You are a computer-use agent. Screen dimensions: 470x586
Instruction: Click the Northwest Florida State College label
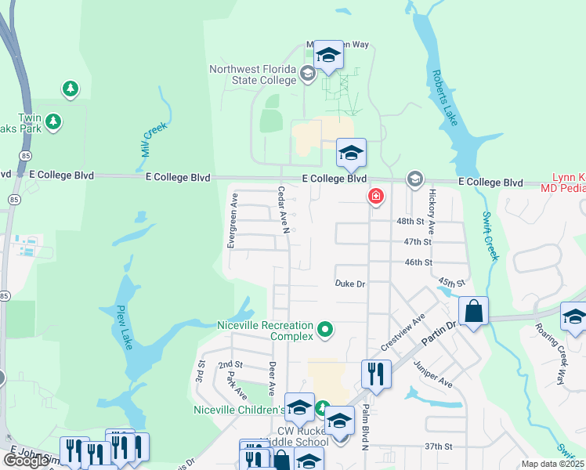pos(252,75)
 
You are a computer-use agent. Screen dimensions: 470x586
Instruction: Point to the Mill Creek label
pos(154,139)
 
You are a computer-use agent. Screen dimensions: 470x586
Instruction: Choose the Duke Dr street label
pos(350,284)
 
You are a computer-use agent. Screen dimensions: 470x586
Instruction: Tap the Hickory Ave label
pos(431,212)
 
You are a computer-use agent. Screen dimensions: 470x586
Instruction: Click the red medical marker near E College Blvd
pos(376,196)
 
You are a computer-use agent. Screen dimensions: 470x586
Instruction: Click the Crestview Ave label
pos(402,333)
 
